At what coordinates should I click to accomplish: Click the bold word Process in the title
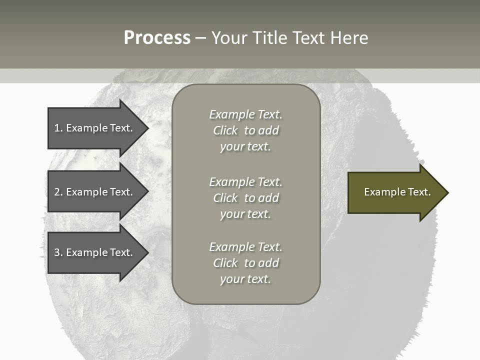click(x=157, y=38)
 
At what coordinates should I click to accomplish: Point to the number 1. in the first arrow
click(x=58, y=128)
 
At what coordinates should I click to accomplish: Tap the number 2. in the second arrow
click(x=58, y=192)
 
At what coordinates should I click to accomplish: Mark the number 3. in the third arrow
click(x=58, y=252)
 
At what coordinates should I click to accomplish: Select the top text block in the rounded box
click(x=246, y=130)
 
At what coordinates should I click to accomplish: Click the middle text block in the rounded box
click(x=246, y=198)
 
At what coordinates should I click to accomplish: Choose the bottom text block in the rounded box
click(x=246, y=263)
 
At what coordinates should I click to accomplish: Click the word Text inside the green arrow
click(x=419, y=192)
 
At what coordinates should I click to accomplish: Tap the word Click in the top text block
click(x=225, y=130)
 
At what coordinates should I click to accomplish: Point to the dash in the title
click(x=201, y=38)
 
